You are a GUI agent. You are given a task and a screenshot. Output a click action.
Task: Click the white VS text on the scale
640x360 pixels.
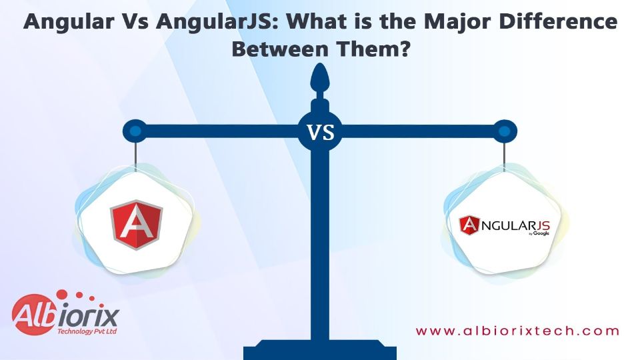[x=321, y=133]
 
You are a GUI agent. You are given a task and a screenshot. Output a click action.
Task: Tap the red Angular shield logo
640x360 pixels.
[x=136, y=225]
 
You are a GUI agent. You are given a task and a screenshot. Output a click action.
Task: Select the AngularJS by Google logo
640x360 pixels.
[x=505, y=226]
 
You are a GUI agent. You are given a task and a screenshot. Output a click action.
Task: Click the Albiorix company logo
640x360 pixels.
[x=65, y=313]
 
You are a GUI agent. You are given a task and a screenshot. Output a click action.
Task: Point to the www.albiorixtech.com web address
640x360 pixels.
[x=517, y=331]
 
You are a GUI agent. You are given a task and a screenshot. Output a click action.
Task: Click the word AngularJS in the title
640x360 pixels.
[x=213, y=21]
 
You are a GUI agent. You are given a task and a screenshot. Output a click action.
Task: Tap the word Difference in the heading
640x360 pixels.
[x=553, y=21]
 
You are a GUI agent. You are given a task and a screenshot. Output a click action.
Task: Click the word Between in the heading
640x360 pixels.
[x=280, y=49]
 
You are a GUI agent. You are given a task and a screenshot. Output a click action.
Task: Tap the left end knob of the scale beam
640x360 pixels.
[x=135, y=131]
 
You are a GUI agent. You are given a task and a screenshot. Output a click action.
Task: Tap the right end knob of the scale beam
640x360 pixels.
[x=505, y=131]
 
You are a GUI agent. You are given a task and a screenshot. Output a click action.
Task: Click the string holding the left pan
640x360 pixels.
[x=135, y=156]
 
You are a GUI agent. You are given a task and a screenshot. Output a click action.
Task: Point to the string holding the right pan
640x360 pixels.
[x=505, y=156]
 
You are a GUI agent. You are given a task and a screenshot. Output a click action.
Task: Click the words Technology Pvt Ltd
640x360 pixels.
[x=87, y=331]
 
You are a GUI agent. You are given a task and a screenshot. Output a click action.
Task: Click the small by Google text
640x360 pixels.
[x=539, y=233]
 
